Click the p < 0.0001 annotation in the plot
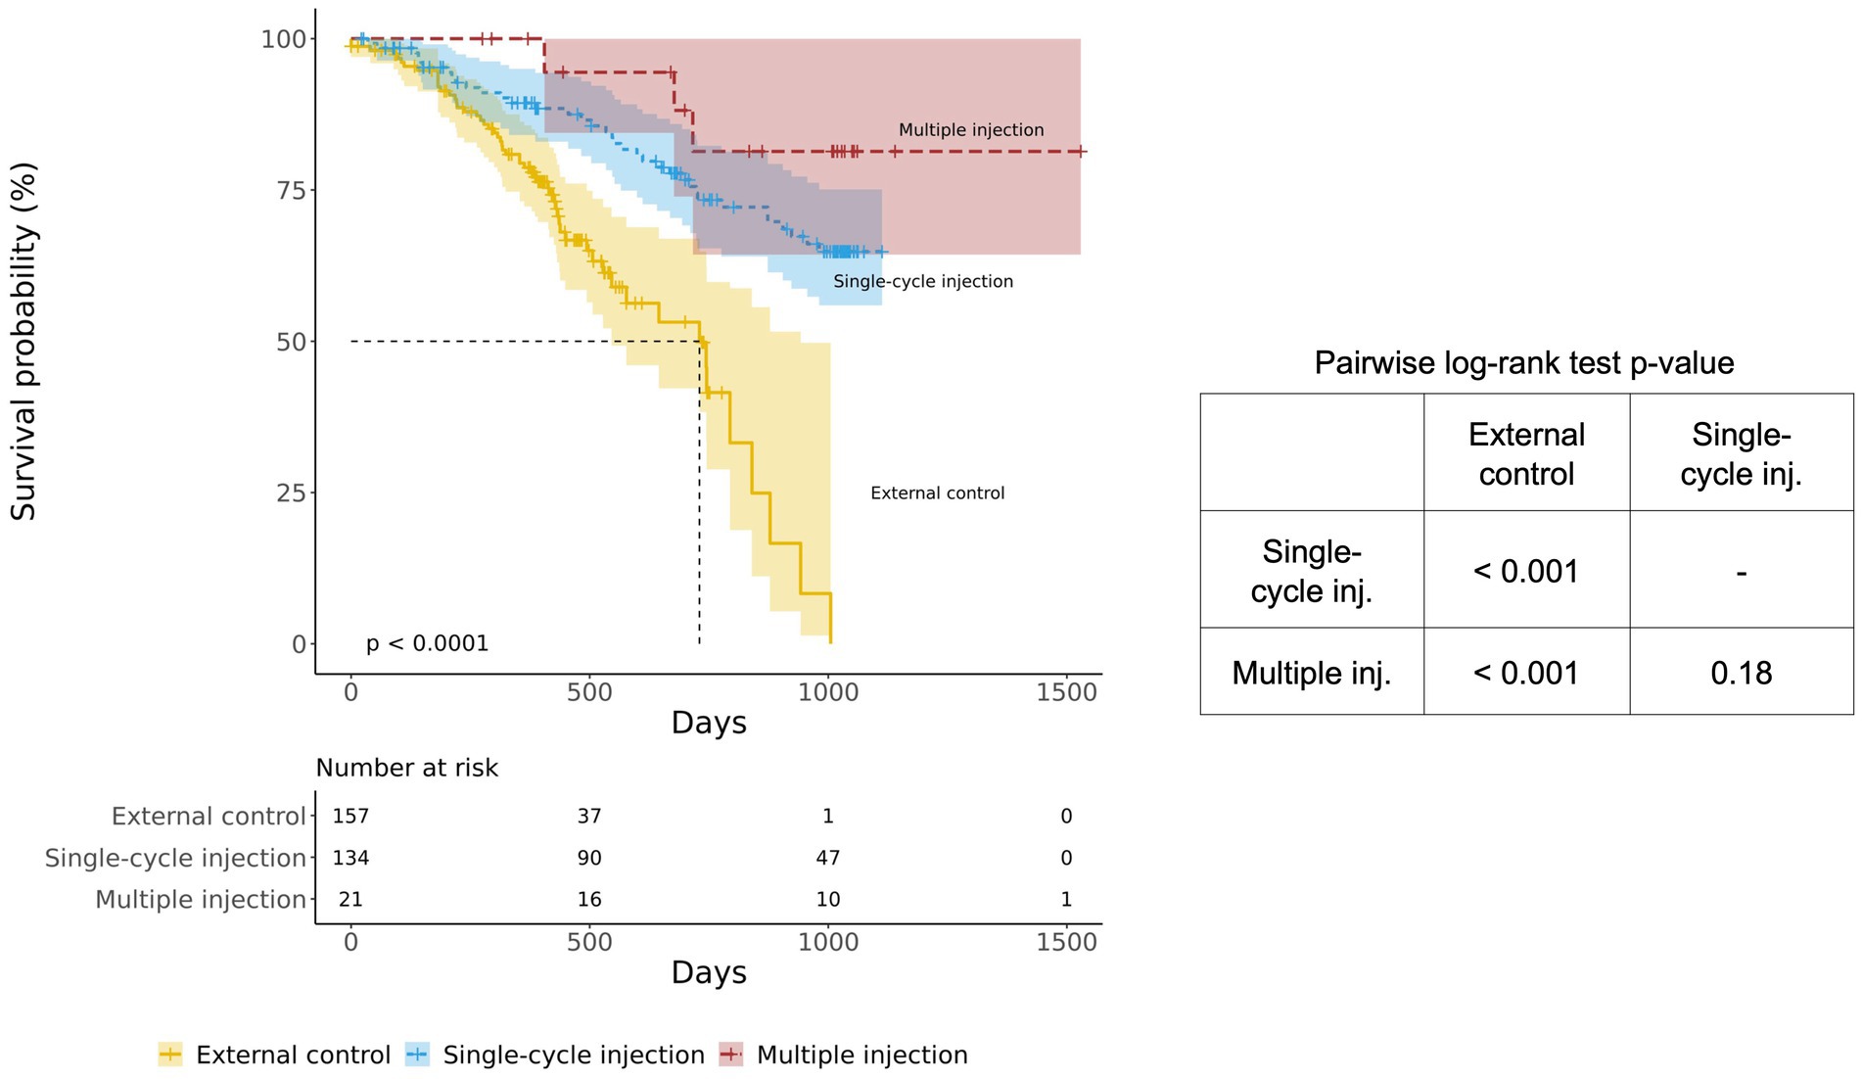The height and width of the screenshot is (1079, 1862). (427, 643)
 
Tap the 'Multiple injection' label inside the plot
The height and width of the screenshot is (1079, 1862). (971, 130)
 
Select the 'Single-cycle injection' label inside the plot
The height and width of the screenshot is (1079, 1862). (923, 282)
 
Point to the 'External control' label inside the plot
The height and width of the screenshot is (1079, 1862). (937, 493)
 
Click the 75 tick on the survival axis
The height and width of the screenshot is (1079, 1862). (292, 190)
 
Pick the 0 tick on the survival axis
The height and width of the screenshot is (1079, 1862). (299, 644)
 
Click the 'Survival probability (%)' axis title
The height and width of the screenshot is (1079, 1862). (23, 342)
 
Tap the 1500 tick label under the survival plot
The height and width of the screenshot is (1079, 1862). (1066, 693)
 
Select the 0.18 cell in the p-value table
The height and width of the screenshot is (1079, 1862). (1741, 673)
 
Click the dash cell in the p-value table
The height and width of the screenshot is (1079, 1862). (1741, 572)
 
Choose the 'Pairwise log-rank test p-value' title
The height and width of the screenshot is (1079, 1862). (1523, 363)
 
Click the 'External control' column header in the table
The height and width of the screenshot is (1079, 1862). (1526, 454)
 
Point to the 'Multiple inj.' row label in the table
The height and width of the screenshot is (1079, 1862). (1311, 673)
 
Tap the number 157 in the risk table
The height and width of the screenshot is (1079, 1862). (350, 817)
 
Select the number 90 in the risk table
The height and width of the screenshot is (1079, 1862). (589, 859)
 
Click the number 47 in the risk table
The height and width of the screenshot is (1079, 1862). (828, 859)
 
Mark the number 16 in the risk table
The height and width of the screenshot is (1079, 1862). (589, 900)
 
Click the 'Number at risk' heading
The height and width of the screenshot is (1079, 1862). (406, 769)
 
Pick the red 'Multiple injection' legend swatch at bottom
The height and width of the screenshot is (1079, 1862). (731, 1055)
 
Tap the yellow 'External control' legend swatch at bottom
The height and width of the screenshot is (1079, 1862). (170, 1055)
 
